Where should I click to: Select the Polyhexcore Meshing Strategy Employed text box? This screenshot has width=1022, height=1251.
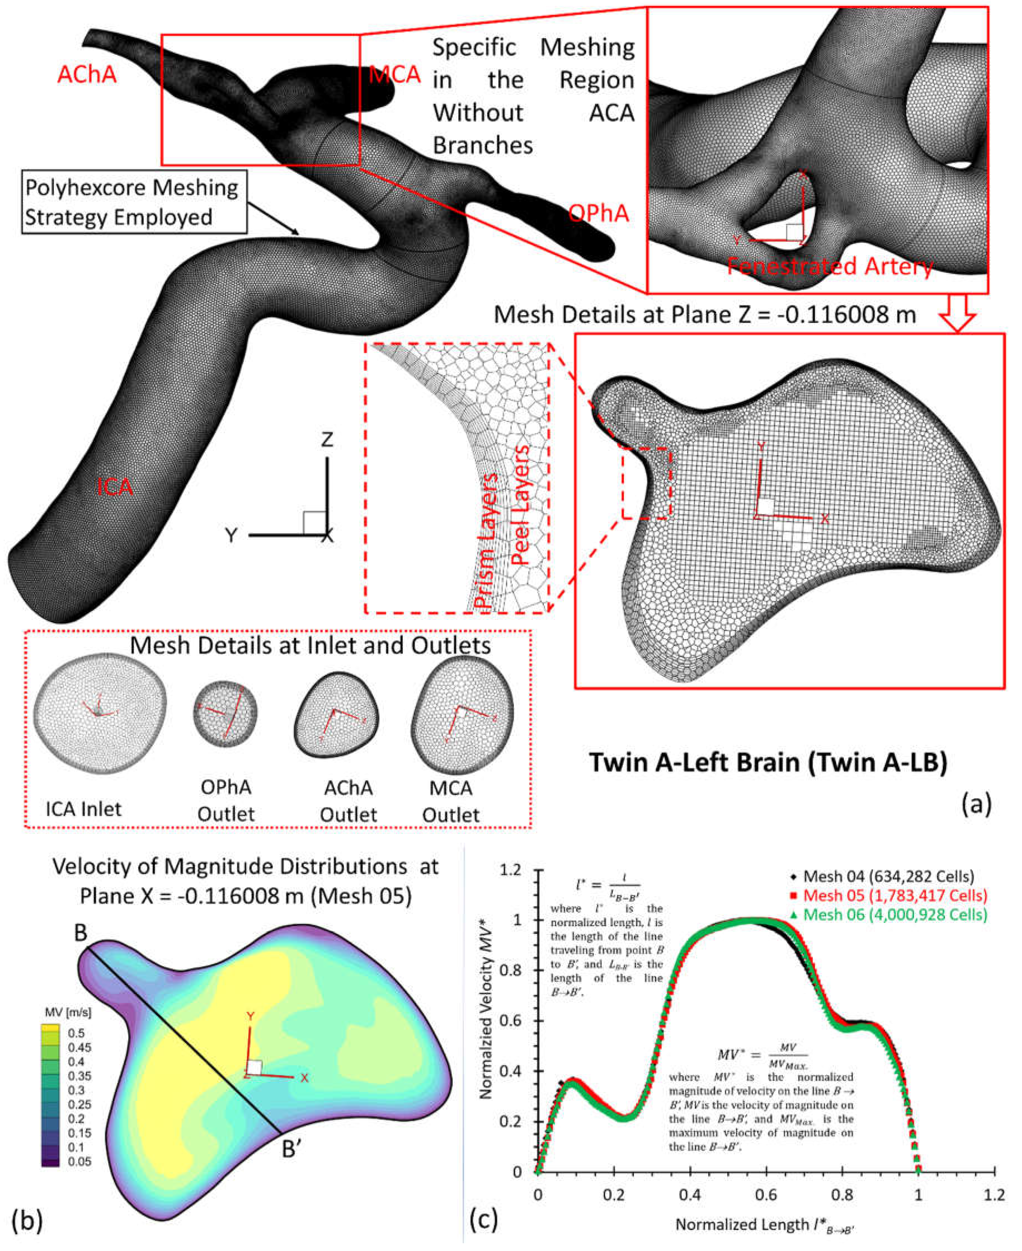pyautogui.click(x=134, y=203)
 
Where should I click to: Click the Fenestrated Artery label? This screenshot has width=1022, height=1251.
pyautogui.click(x=830, y=266)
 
